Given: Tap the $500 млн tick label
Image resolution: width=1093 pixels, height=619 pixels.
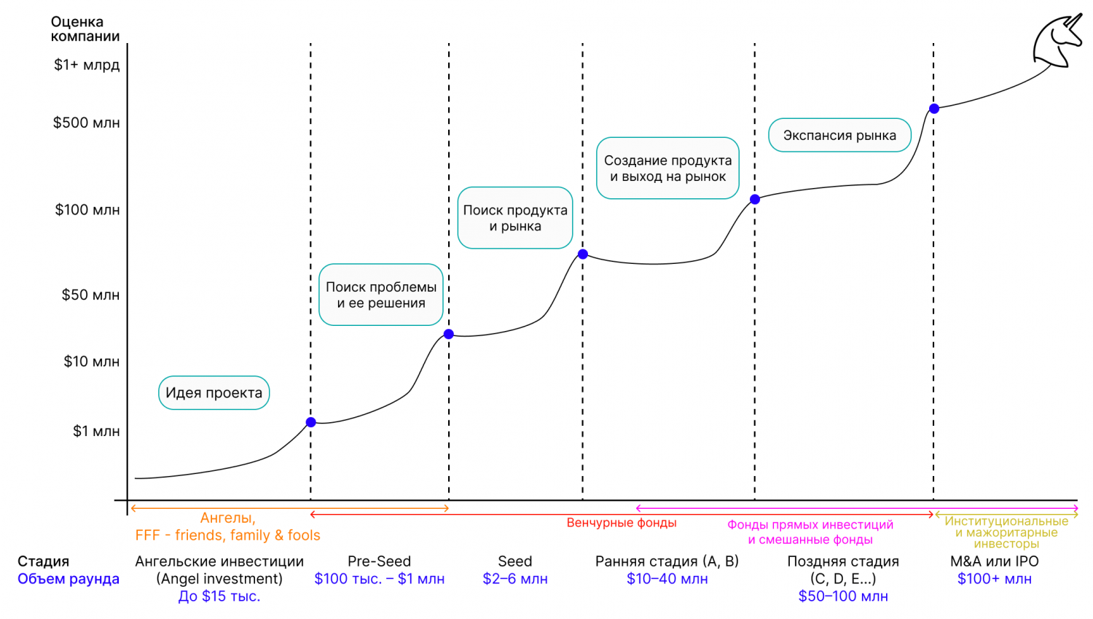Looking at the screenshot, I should point(86,122).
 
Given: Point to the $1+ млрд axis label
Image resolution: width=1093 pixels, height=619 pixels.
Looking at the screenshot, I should point(86,65).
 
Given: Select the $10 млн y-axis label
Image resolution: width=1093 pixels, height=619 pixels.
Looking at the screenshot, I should point(91,362).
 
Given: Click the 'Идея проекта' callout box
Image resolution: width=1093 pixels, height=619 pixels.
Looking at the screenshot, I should point(213,393).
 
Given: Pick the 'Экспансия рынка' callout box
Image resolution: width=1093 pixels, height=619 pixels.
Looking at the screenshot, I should point(839,136).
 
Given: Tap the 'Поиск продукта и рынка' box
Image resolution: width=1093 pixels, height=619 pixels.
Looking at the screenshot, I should point(515,218).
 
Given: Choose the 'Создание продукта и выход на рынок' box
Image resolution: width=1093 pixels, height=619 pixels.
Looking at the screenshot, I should point(667,168).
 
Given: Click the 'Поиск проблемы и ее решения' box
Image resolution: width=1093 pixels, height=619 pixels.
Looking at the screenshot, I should point(381,295).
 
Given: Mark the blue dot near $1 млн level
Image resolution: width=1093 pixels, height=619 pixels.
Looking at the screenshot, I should point(311,422).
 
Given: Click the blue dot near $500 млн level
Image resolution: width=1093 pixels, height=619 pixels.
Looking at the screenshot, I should point(934,109).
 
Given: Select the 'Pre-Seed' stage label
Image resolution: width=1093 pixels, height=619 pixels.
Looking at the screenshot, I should point(379,561).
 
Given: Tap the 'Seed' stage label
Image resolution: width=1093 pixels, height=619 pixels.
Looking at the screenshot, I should point(515,561).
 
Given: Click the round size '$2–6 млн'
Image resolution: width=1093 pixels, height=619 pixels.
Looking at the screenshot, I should point(515,579).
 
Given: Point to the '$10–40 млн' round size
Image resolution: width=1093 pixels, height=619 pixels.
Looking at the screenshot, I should point(667,579).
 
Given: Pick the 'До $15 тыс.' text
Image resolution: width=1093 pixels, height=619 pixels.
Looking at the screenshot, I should point(219,596).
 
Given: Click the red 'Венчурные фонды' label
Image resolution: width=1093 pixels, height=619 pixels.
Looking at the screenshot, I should point(622,523).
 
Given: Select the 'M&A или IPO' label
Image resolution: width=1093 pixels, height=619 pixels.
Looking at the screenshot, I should point(995,561).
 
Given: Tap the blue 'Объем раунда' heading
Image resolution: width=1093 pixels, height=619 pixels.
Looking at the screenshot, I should point(68,579).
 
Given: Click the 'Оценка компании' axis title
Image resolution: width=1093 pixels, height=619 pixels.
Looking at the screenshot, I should point(85,29).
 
